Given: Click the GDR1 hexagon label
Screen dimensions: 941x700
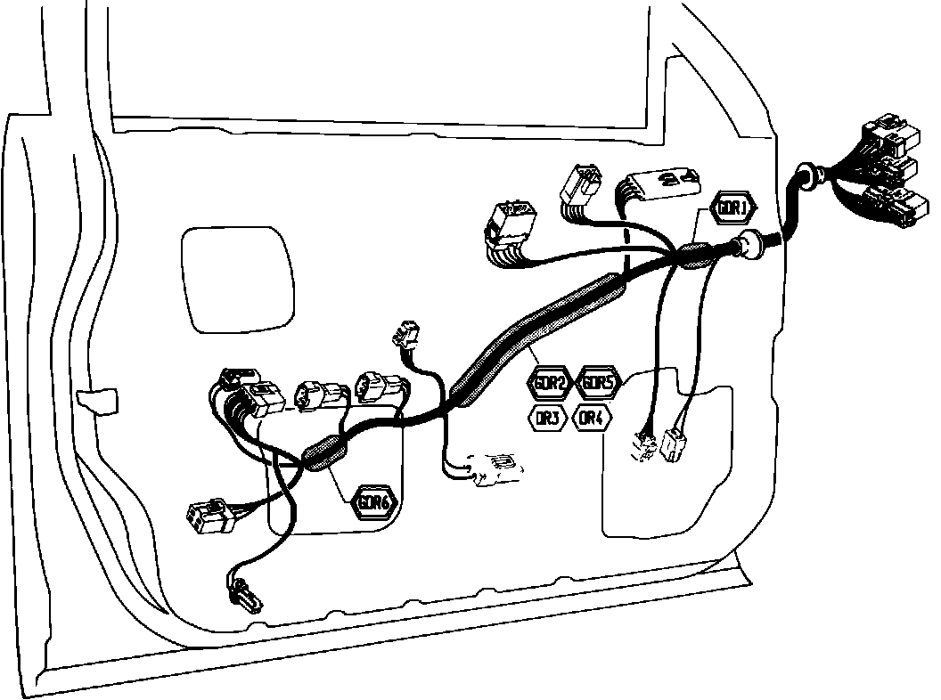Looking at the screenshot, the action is pos(732,208).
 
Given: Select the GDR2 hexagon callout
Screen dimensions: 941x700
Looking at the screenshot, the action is pos(548,384).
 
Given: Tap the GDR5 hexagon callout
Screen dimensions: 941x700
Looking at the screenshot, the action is pos(596,384).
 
